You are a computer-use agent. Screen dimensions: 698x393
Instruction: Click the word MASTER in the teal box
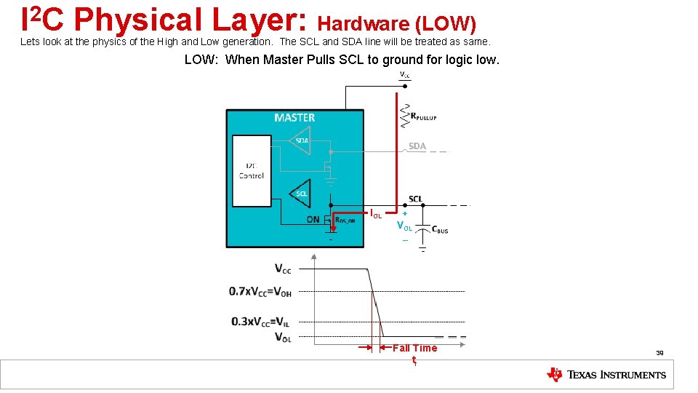[294, 118]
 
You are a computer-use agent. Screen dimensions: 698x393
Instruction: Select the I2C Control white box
[251, 170]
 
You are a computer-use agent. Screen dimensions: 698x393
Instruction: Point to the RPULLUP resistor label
[424, 116]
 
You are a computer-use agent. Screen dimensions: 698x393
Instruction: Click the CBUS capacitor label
[440, 230]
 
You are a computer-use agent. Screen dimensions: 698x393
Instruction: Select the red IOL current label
[376, 214]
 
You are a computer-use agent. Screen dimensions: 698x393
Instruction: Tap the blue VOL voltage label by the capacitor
[404, 226]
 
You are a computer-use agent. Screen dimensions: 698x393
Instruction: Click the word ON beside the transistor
[313, 220]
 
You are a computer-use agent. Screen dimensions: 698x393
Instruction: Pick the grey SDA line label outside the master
[417, 146]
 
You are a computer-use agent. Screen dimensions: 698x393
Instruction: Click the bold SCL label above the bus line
[415, 199]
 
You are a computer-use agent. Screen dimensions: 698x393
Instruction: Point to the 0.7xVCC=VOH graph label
[260, 292]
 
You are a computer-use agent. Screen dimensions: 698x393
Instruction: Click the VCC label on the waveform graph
[283, 269]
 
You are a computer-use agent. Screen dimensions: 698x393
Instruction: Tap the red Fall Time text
[414, 348]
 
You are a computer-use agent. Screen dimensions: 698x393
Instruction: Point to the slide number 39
[659, 353]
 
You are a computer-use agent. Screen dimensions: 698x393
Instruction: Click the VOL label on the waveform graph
[283, 337]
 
